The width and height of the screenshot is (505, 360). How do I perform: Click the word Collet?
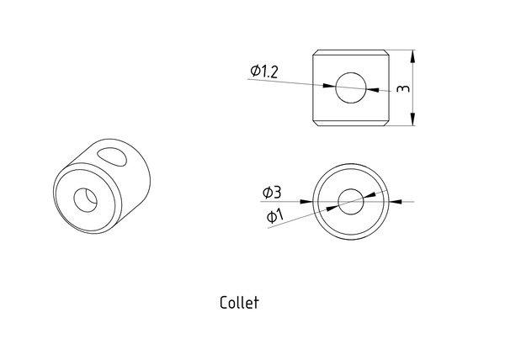pyautogui.click(x=239, y=303)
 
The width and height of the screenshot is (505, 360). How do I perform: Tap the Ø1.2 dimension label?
pyautogui.click(x=263, y=71)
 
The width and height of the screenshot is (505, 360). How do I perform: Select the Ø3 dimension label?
pyautogui.click(x=272, y=193)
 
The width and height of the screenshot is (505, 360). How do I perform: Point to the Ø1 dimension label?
pyautogui.click(x=274, y=216)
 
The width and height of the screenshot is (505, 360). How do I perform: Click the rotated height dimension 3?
pyautogui.click(x=403, y=88)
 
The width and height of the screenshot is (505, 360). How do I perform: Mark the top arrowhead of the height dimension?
pyautogui.click(x=413, y=56)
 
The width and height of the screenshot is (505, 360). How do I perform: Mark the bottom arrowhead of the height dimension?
pyautogui.click(x=413, y=119)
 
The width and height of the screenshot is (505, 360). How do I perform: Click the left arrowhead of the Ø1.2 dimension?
pyautogui.click(x=329, y=86)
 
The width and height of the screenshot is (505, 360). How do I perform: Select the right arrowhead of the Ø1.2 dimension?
pyautogui.click(x=373, y=89)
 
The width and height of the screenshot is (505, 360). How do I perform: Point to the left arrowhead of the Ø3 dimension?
pyautogui.click(x=306, y=202)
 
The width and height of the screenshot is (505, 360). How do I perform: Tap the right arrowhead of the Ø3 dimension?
pyautogui.click(x=396, y=202)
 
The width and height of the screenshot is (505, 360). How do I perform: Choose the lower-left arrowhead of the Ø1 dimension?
pyautogui.click(x=332, y=208)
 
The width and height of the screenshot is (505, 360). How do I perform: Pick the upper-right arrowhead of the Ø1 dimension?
pyautogui.click(x=369, y=196)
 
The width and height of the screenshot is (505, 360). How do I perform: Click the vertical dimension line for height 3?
pyautogui.click(x=413, y=87)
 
